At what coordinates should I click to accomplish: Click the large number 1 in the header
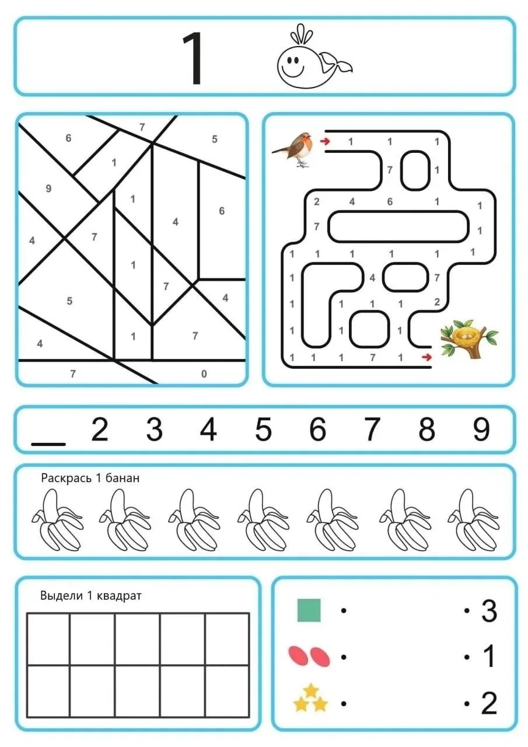tap(193, 59)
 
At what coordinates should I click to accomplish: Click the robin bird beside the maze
tap(293, 149)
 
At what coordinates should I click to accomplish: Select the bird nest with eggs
tap(468, 338)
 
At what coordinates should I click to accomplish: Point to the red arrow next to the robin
tap(324, 141)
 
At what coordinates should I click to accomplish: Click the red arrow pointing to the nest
tap(426, 358)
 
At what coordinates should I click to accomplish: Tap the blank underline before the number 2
tap(48, 444)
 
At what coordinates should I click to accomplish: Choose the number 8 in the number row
tap(426, 429)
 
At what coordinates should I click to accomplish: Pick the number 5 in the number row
tap(263, 429)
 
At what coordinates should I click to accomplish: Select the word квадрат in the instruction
tap(118, 596)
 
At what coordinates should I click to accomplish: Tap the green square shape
tap(309, 610)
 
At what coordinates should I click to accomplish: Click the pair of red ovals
tap(309, 657)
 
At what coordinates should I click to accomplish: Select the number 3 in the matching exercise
tap(489, 611)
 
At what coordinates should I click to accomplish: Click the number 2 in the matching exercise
tap(489, 703)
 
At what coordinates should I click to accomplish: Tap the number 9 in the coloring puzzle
tap(48, 189)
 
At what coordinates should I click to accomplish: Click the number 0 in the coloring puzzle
tap(204, 374)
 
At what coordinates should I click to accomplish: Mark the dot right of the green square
tap(344, 611)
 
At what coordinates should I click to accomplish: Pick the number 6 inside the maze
tap(390, 201)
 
